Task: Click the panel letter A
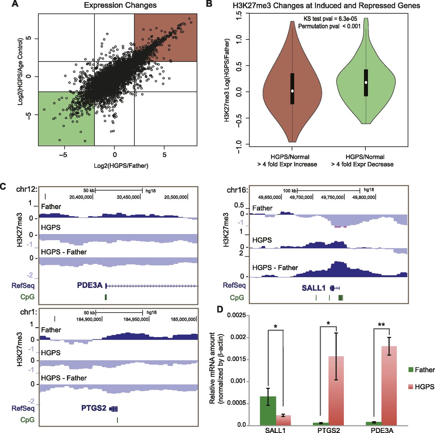(15, 4)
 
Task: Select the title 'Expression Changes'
(120, 5)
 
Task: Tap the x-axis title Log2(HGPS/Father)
(121, 166)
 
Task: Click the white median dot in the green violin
(366, 82)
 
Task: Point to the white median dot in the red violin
(292, 91)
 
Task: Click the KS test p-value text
(330, 19)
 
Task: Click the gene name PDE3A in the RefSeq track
(90, 285)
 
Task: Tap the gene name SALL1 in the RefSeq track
(313, 288)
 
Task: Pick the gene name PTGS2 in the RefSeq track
(94, 408)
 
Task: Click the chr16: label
(237, 190)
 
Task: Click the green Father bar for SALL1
(268, 411)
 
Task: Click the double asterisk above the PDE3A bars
(381, 325)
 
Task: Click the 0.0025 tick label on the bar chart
(236, 315)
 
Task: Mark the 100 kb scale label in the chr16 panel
(290, 191)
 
